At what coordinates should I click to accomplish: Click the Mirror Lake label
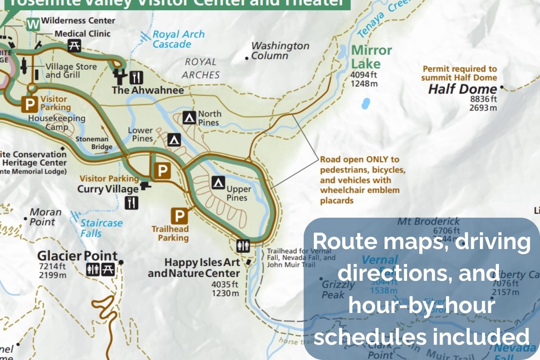(371, 57)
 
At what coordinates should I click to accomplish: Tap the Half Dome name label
(462, 89)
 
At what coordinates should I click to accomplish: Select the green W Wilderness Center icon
(33, 25)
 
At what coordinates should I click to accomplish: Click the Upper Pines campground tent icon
(218, 183)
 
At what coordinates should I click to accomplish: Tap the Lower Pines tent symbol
(174, 139)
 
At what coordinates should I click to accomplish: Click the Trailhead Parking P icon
(180, 216)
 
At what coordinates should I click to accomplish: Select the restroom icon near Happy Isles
(243, 246)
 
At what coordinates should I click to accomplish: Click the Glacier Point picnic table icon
(108, 269)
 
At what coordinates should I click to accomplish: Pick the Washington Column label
(280, 50)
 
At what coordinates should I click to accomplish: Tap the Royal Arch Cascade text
(178, 39)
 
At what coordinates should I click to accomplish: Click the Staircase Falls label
(101, 228)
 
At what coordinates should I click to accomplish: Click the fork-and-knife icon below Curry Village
(131, 203)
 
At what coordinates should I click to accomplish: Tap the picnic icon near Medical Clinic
(74, 45)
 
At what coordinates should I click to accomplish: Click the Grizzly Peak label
(338, 289)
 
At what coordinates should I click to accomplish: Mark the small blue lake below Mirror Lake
(365, 103)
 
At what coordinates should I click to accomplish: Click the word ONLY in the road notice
(377, 160)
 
